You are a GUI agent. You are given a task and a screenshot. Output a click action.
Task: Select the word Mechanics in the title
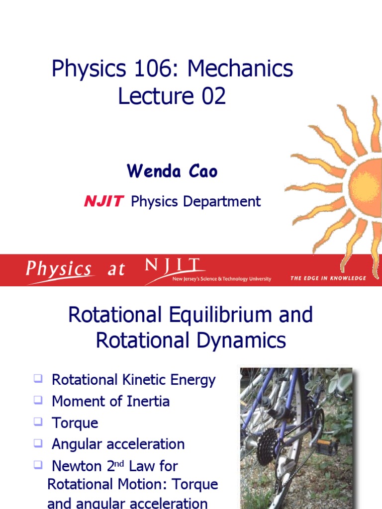[x=240, y=69]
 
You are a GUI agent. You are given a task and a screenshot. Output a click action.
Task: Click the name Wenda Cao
[x=172, y=171]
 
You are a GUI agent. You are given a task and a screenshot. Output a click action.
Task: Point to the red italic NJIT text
[x=103, y=201]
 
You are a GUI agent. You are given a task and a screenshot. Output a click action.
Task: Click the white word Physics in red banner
[x=59, y=269]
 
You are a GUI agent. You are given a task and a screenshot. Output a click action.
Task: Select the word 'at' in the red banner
[x=116, y=270]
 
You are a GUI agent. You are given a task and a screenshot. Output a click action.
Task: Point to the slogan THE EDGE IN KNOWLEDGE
[x=328, y=278]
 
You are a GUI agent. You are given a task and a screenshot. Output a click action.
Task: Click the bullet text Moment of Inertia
[x=110, y=401]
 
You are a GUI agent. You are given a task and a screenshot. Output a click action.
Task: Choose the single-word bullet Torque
[x=75, y=423]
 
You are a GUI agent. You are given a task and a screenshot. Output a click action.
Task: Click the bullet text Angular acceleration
[x=118, y=444]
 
